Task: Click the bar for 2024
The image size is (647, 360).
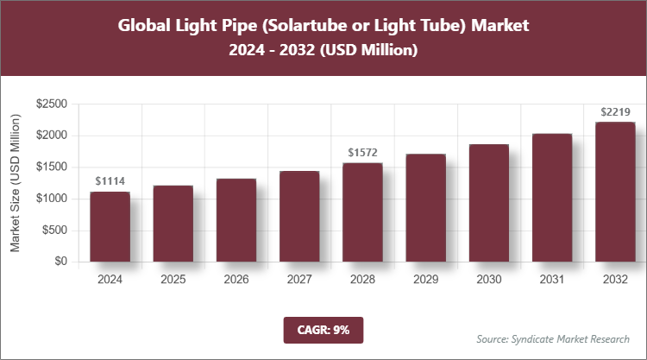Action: click(x=110, y=226)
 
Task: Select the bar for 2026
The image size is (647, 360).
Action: click(x=236, y=220)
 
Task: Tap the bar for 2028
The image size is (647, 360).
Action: click(x=362, y=212)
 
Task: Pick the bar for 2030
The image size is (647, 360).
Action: click(x=488, y=203)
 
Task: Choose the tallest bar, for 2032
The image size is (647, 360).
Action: click(x=615, y=192)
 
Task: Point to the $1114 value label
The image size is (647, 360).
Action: click(x=110, y=180)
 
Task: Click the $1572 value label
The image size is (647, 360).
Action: click(x=362, y=152)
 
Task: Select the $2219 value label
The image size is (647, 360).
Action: click(x=615, y=111)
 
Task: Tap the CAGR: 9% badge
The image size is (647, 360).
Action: click(x=323, y=329)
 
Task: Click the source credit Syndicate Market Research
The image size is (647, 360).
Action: click(x=553, y=338)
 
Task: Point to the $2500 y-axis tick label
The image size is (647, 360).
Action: click(x=52, y=104)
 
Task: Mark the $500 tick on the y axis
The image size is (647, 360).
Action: click(x=55, y=231)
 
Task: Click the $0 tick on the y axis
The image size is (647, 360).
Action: click(x=60, y=262)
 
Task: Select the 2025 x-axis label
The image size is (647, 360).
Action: click(x=173, y=280)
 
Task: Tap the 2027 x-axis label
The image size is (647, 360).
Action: click(x=299, y=280)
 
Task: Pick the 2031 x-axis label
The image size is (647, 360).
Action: click(x=552, y=280)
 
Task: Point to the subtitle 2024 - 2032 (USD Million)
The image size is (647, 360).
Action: click(x=323, y=52)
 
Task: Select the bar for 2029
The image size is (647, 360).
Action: click(x=425, y=207)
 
